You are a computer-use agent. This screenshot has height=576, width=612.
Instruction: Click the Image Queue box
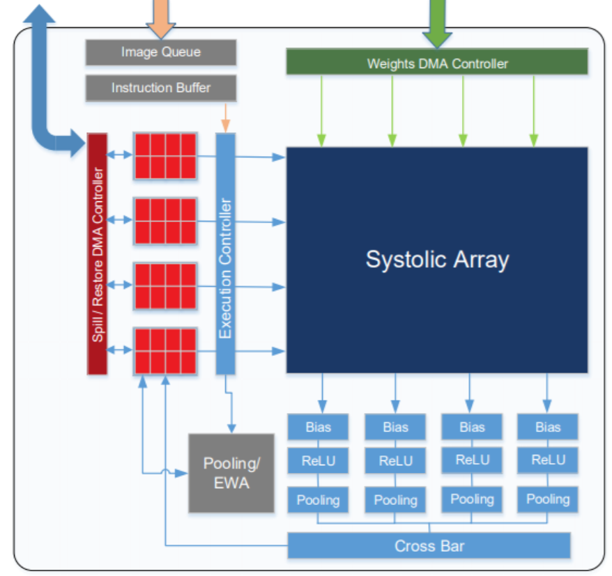[161, 52]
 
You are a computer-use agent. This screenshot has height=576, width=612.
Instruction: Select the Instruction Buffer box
[161, 88]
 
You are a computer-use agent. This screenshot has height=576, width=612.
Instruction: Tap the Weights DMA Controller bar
[437, 61]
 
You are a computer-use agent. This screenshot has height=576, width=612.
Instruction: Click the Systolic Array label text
[437, 260]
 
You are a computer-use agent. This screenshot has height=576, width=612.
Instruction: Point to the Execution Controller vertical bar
[226, 254]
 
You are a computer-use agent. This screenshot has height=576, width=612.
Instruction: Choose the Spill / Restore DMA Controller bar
[97, 254]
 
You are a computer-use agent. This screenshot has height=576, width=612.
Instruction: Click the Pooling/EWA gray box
[231, 473]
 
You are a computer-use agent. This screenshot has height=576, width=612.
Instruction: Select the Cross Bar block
[429, 545]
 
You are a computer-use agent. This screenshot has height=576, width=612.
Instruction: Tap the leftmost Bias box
[318, 427]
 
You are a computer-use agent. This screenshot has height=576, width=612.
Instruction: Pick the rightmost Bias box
[548, 427]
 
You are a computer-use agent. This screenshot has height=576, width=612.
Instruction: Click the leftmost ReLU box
[318, 460]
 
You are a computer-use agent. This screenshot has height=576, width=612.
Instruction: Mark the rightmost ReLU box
[548, 460]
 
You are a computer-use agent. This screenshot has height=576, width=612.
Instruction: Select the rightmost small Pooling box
[548, 499]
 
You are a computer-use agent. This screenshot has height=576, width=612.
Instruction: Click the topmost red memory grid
[165, 157]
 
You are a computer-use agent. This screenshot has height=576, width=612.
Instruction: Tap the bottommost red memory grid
[165, 351]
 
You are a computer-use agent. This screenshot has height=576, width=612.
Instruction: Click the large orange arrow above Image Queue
[161, 17]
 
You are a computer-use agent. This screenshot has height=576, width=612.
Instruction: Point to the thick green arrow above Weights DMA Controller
[437, 22]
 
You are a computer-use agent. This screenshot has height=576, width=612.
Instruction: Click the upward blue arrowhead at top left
[39, 14]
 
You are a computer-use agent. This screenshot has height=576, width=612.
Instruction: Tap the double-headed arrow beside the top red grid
[119, 155]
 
